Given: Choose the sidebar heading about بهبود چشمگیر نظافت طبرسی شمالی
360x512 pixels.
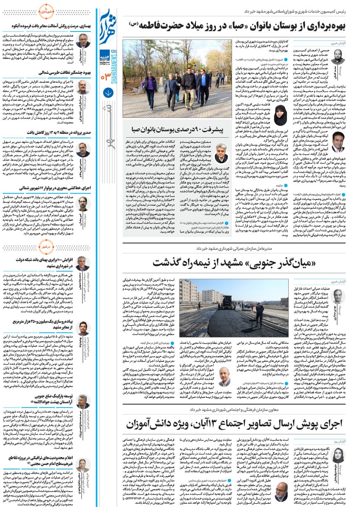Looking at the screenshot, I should [x=46, y=73].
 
